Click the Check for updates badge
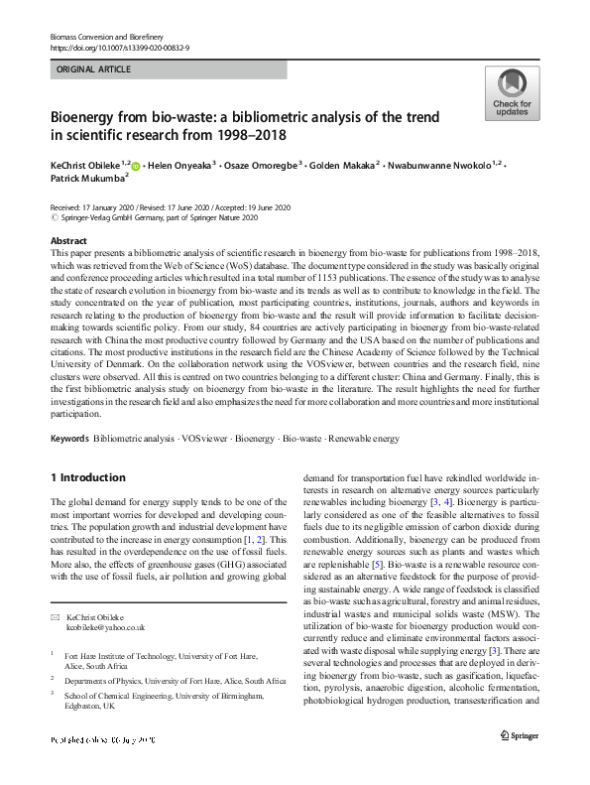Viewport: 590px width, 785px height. (x=512, y=93)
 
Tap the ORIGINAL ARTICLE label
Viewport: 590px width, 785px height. (x=94, y=70)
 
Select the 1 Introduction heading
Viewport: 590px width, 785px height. (x=88, y=477)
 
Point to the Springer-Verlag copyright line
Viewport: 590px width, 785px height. (x=159, y=217)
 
